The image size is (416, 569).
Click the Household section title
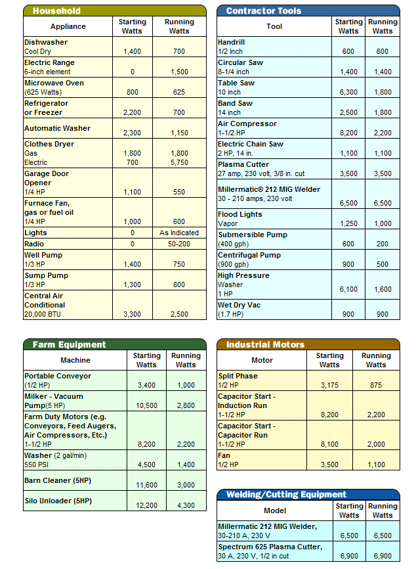56,11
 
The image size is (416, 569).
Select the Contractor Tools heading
264,11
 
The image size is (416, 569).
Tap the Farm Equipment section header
69,344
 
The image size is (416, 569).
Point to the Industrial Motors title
265,344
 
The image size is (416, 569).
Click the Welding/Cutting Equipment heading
286,494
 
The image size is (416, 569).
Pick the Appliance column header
68,26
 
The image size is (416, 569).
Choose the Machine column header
75,360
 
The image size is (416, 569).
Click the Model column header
275,511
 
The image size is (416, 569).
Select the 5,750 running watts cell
179,162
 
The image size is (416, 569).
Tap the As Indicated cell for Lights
179,233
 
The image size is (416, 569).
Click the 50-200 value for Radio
179,244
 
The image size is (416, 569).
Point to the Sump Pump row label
46,275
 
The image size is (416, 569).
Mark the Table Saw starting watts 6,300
349,93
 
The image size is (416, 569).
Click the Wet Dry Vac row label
239,305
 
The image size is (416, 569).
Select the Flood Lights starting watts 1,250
349,223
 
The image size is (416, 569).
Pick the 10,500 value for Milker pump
146,405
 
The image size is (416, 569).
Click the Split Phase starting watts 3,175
330,385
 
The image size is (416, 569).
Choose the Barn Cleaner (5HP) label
58,480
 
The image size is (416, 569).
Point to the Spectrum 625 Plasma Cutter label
270,547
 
